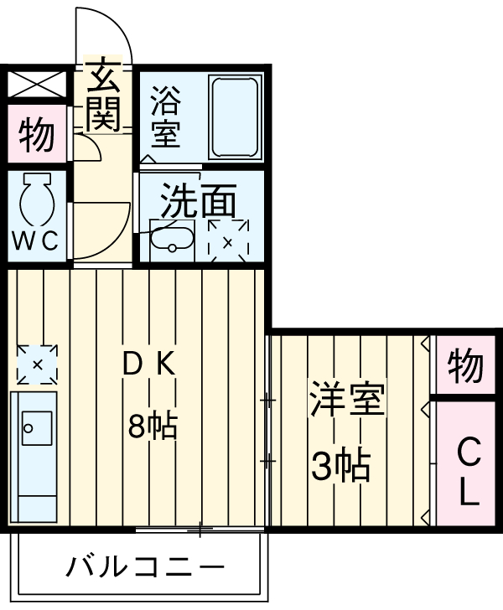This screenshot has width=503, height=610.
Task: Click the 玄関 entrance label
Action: coord(103,94)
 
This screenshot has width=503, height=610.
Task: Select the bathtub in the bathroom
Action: coord(236,116)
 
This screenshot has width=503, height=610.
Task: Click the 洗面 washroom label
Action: coord(198,201)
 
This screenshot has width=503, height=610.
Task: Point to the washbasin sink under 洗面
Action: coord(173,242)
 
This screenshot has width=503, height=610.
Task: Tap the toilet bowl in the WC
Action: coord(37,200)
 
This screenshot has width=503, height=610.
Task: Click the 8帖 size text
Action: coord(152,426)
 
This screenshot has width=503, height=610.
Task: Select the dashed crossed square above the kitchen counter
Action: coord(37,363)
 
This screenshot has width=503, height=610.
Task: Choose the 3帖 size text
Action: coord(340,466)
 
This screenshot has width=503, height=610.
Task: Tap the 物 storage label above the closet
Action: coord(465,365)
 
